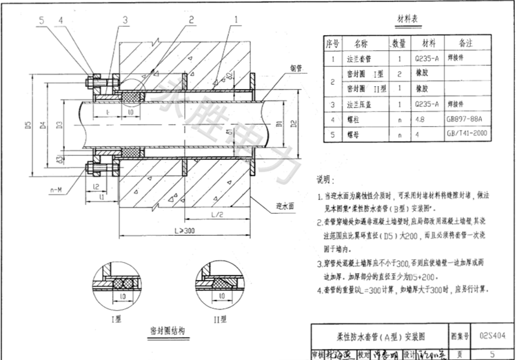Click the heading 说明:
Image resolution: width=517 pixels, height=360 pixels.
click(x=325, y=180)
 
